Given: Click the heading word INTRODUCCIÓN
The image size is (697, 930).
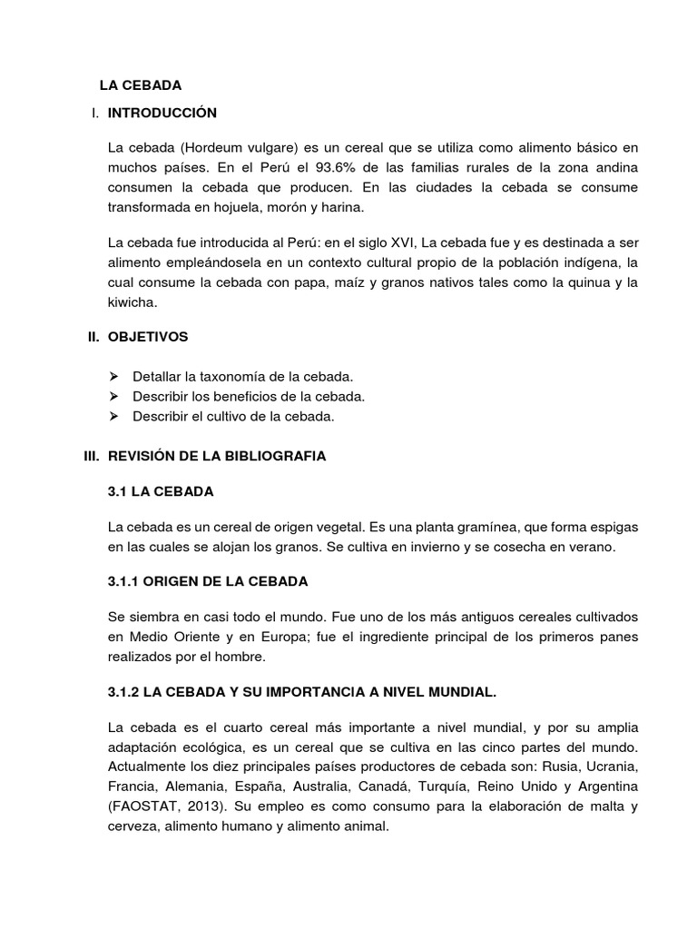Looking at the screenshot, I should click(162, 114).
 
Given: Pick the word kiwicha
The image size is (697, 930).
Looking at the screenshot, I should click(132, 304).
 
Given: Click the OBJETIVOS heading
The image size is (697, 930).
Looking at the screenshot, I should click(148, 337).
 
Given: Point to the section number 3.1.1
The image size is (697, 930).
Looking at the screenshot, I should click(124, 581).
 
